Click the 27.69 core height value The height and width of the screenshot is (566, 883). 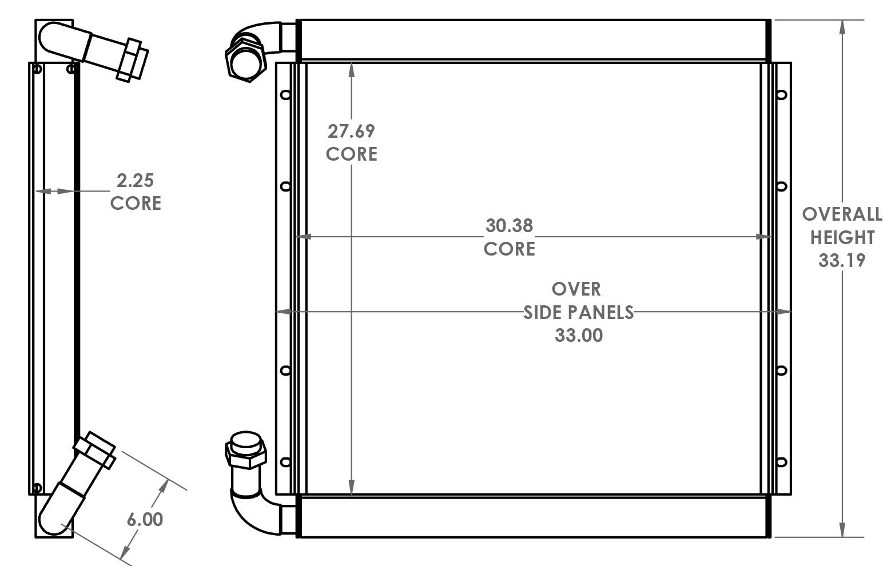pos(351,131)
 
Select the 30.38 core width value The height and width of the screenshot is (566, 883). pos(509,226)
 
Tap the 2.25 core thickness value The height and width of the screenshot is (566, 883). pos(136,181)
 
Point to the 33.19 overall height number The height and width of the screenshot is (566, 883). pos(842,261)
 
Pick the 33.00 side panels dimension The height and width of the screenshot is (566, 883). pos(578,335)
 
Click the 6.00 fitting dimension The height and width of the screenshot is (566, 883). pos(145,519)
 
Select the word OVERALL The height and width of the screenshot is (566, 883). pos(842,214)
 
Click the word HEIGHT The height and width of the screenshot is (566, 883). pos(842,237)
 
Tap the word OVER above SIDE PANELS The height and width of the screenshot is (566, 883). pos(576,289)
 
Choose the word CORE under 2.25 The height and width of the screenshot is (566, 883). pos(136,204)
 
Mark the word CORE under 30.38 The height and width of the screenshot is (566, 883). pos(509,249)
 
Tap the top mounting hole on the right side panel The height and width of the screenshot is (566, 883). pos(782,95)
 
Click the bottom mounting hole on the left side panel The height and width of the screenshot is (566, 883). pos(285,462)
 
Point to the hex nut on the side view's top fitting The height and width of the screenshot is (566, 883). pos(133,59)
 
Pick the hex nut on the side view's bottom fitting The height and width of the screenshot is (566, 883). pos(95,452)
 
